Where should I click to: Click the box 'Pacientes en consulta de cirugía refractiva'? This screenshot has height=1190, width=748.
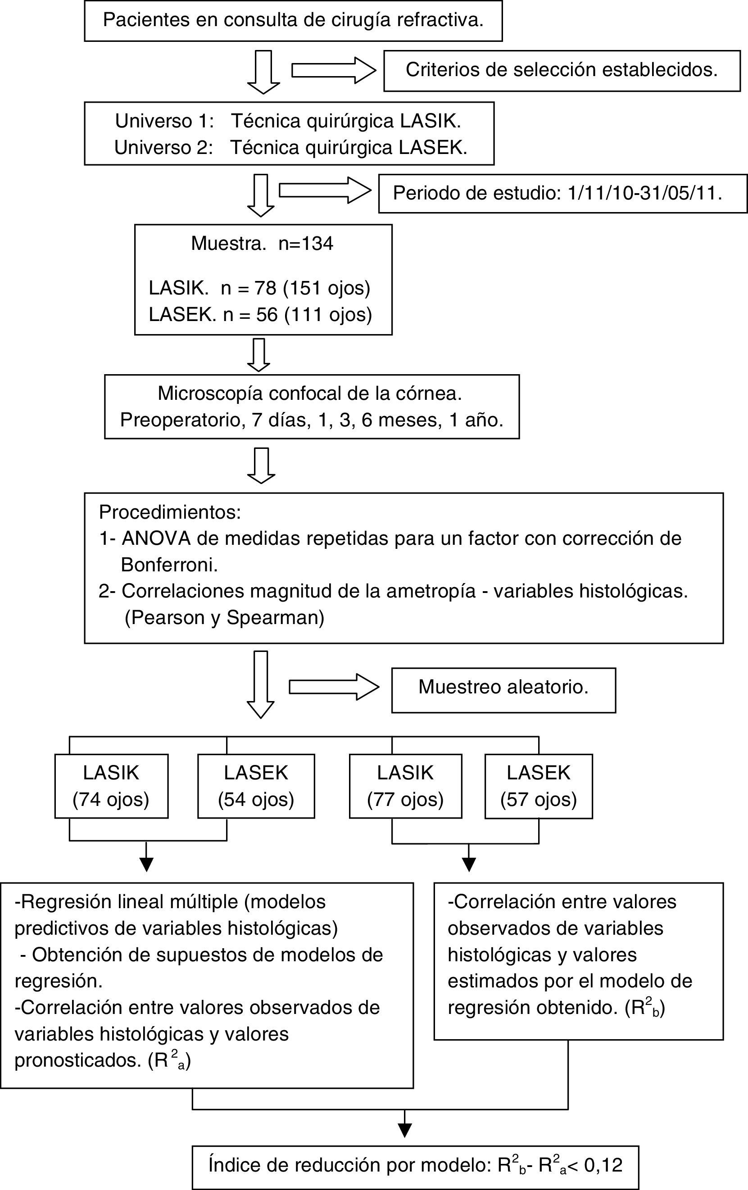(293, 21)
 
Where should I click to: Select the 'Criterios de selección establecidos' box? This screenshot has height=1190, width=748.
(562, 70)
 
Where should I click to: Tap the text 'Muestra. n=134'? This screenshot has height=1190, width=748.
(262, 244)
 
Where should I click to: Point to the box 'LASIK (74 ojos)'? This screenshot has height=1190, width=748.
(111, 786)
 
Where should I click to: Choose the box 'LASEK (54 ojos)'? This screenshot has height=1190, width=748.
(256, 786)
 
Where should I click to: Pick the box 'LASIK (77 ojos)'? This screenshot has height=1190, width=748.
(405, 786)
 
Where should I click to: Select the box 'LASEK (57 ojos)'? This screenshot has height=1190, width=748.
(539, 786)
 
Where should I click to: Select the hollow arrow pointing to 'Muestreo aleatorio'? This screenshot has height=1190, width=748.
(334, 687)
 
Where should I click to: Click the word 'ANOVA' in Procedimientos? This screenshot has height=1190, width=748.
(156, 538)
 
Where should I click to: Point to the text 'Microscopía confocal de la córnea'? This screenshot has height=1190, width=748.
(310, 394)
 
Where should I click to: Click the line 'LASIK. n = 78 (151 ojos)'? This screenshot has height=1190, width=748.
(259, 288)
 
